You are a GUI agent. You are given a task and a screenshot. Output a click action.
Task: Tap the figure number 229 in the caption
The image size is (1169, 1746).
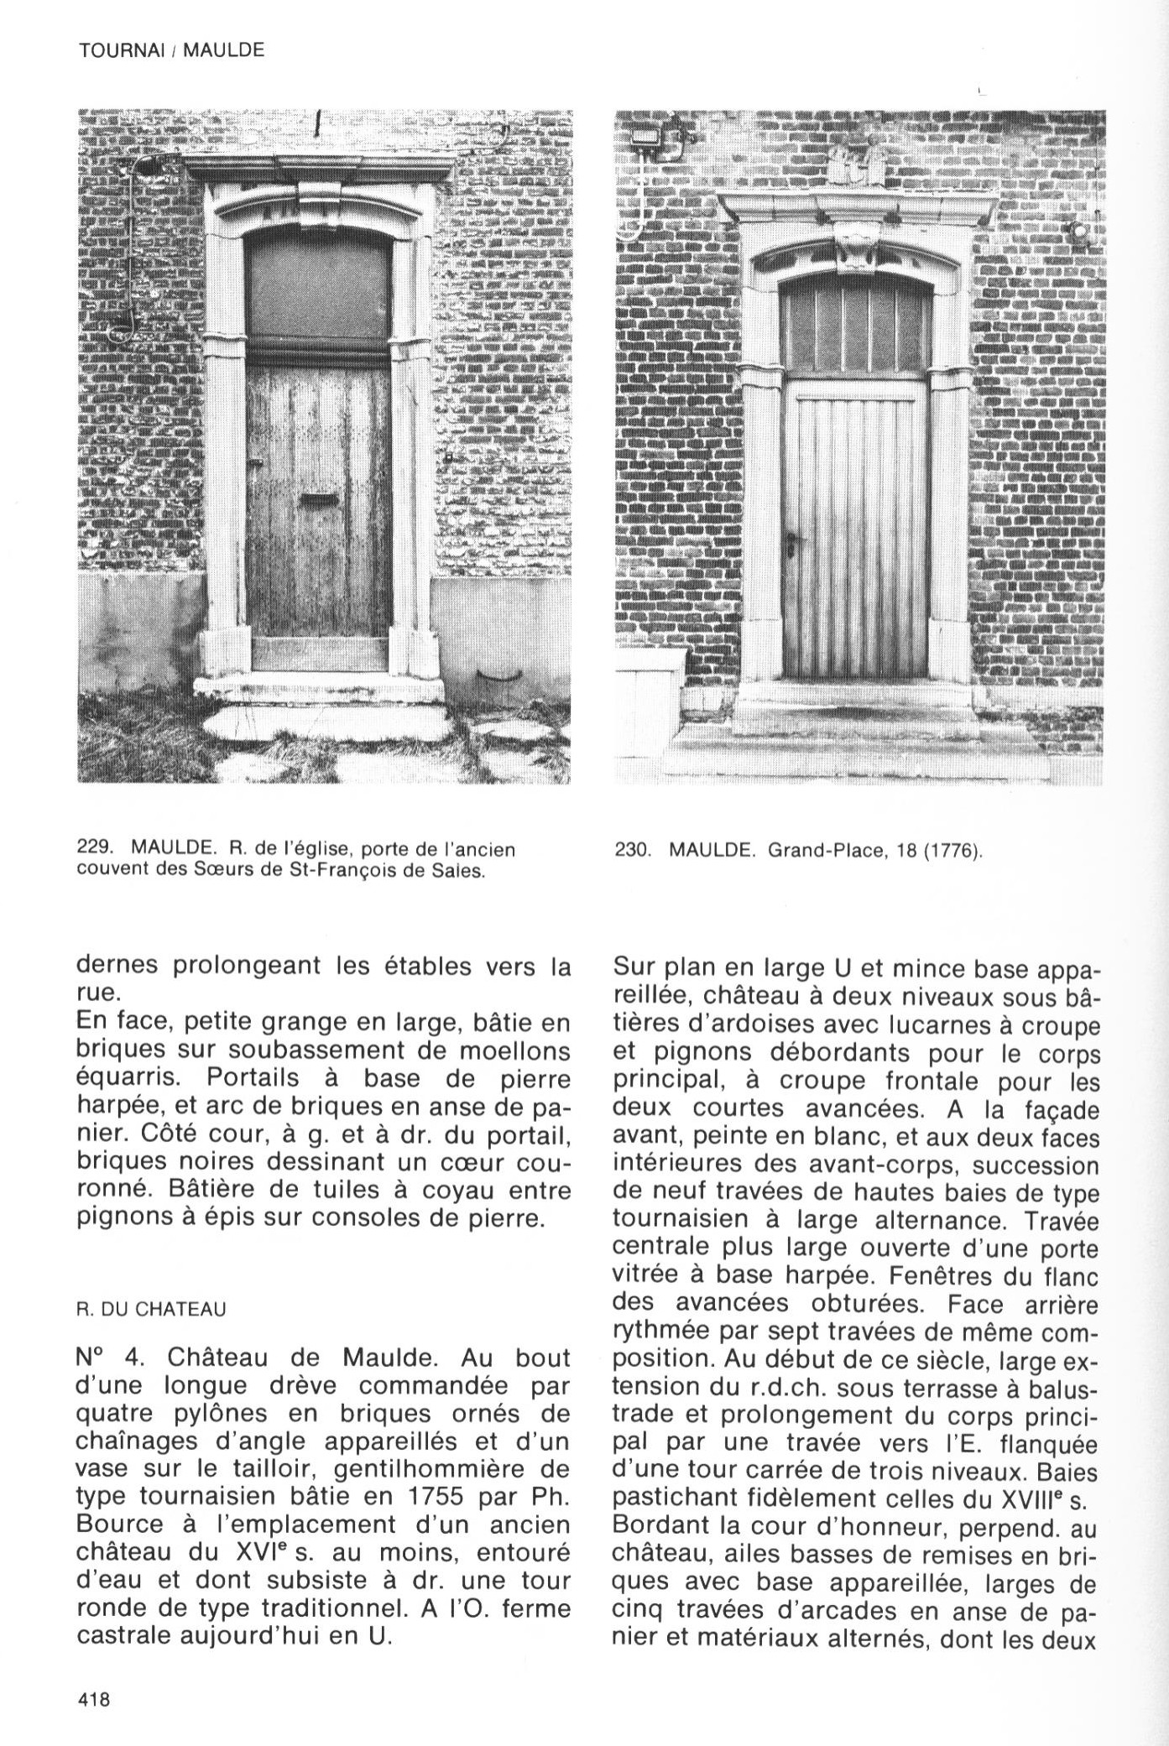[92, 849]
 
